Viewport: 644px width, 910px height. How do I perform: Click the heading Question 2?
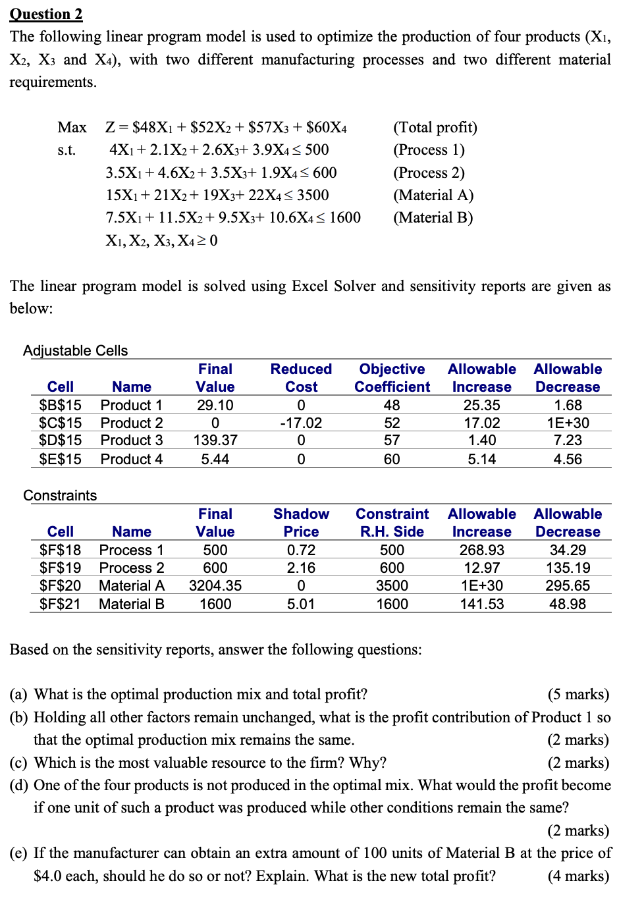(46, 14)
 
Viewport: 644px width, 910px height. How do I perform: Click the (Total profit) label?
(435, 127)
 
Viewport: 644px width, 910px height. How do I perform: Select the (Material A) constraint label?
(433, 195)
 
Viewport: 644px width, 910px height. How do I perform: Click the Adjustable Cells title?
(75, 350)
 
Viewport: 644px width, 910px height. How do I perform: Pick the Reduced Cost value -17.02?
(301, 423)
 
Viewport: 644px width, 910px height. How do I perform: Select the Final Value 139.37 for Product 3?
(215, 440)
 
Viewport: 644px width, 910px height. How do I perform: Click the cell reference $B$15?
(60, 405)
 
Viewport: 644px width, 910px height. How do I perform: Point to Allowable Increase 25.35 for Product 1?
(481, 405)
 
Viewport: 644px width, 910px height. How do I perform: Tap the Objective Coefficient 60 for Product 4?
(392, 459)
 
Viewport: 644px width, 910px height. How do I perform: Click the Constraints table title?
(60, 495)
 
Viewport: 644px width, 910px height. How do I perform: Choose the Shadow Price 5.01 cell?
(301, 604)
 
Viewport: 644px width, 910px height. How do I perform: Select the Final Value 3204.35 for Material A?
(215, 585)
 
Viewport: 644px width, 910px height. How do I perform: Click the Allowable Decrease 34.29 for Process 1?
(567, 550)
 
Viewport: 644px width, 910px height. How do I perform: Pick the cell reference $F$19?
(60, 568)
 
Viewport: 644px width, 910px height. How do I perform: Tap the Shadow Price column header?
(301, 523)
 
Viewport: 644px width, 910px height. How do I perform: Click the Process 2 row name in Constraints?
(132, 568)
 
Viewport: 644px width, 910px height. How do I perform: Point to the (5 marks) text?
(578, 694)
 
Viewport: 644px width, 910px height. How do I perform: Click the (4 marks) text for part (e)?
(578, 876)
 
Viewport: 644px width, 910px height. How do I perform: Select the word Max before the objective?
(72, 127)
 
